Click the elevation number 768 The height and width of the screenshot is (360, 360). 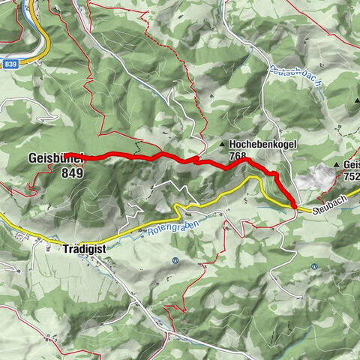tap(238, 157)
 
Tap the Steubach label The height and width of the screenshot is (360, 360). tap(331, 212)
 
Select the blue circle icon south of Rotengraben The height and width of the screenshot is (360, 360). tap(175, 261)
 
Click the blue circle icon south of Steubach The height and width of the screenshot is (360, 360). tap(313, 265)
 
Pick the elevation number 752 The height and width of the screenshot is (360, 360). tap(351, 177)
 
